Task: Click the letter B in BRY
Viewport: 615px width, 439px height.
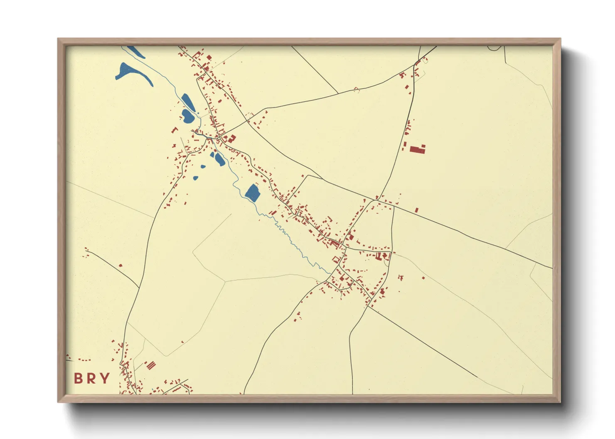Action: (x=78, y=378)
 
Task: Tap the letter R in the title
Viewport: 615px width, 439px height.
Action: (x=91, y=378)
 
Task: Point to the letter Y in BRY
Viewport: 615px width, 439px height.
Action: (x=105, y=378)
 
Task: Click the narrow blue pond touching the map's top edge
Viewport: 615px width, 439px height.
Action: (x=135, y=51)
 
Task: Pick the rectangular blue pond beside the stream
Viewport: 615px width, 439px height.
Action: (x=252, y=193)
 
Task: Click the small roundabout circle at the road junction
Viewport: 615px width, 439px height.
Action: (x=219, y=138)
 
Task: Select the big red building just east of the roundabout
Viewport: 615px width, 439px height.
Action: (x=231, y=139)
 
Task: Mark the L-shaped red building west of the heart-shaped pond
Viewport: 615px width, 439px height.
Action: (x=175, y=130)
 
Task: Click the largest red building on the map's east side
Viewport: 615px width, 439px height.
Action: (x=418, y=149)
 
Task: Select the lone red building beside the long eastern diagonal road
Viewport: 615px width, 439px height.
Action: (x=416, y=210)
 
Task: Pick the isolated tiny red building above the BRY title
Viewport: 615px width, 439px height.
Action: (x=121, y=265)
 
